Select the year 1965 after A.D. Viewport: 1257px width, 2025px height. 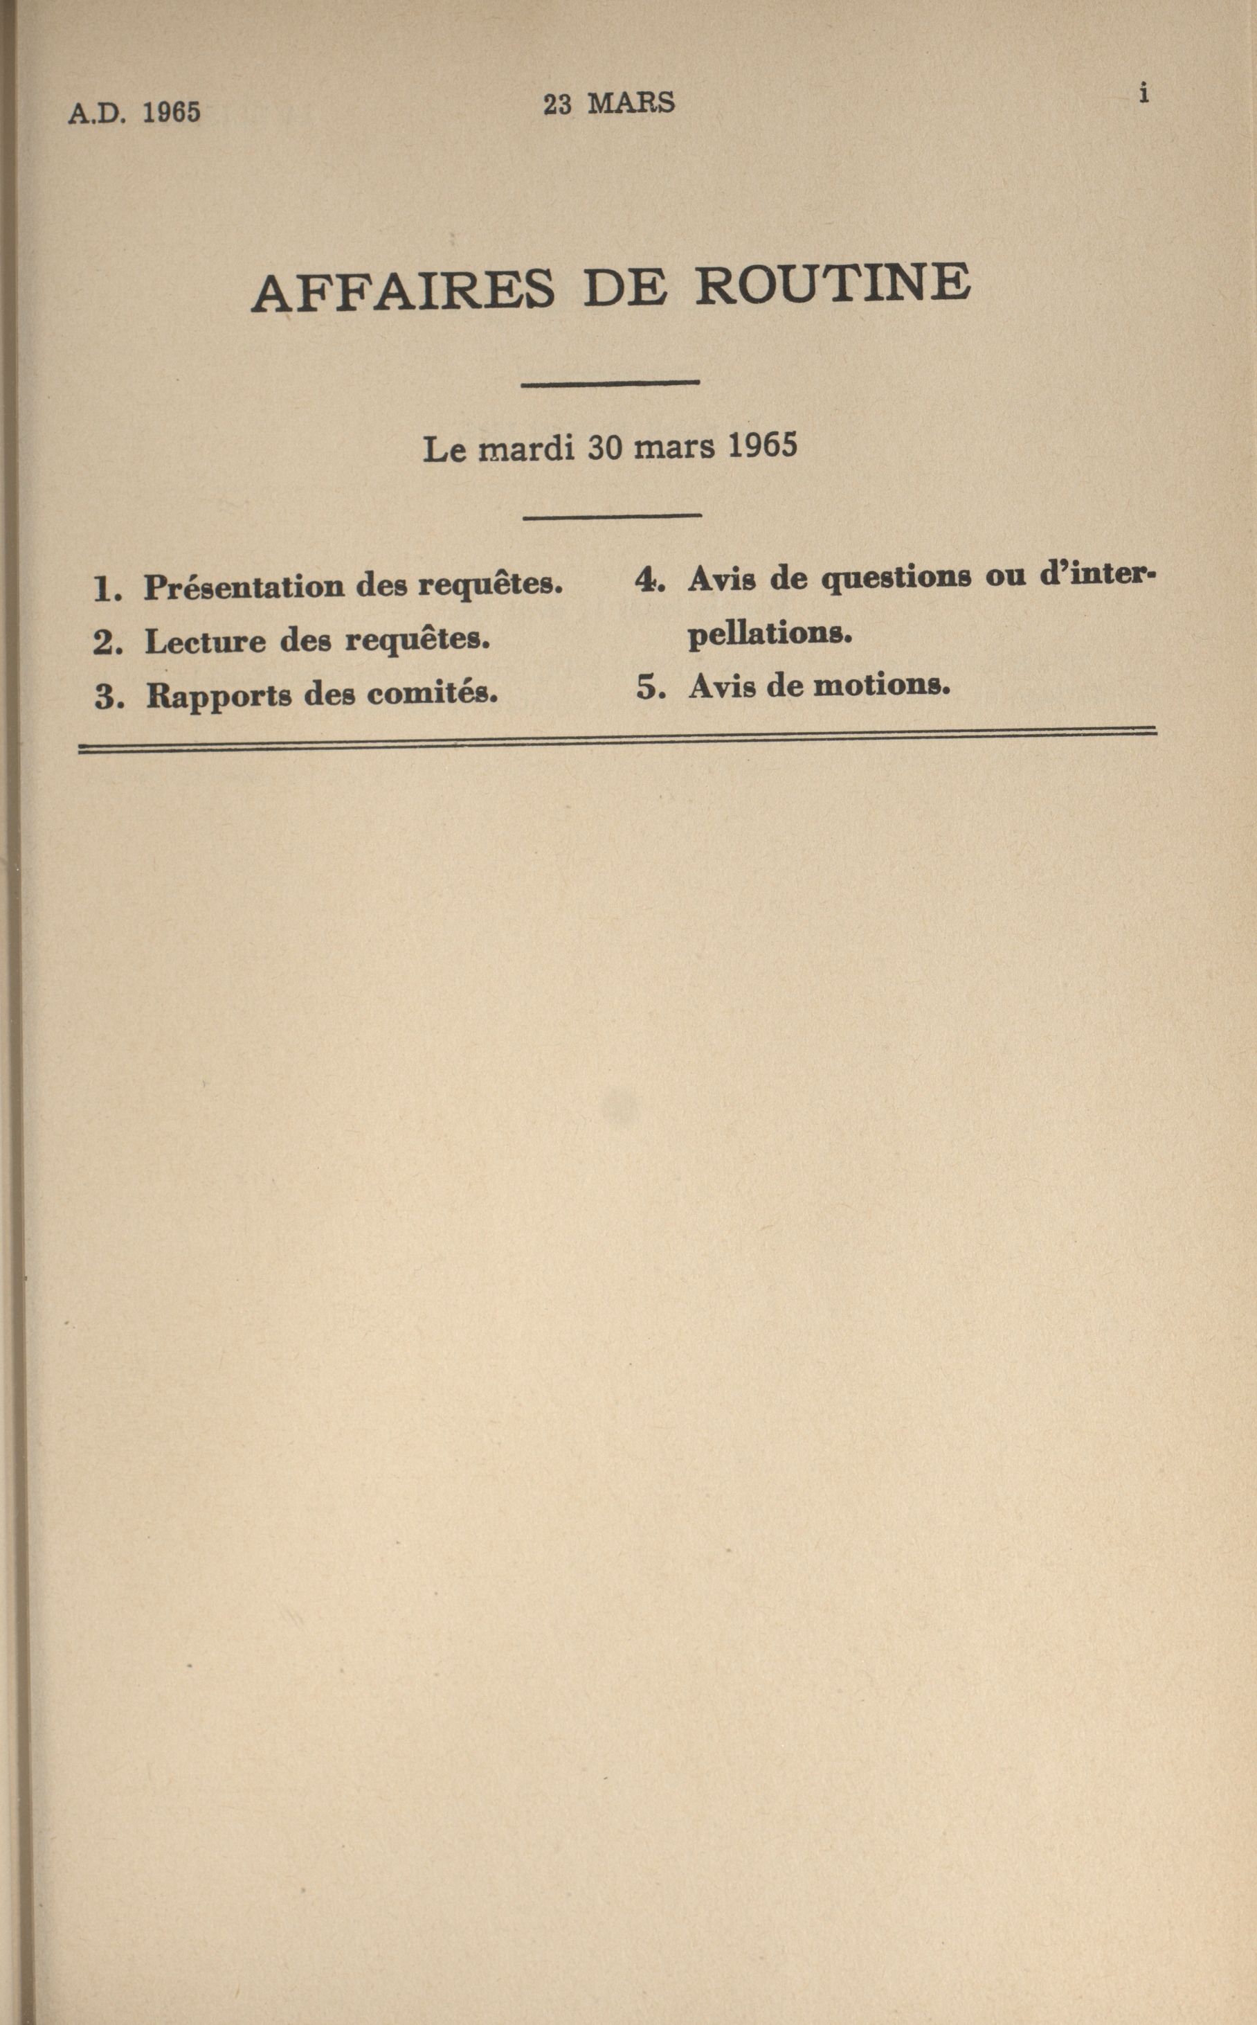[x=171, y=112]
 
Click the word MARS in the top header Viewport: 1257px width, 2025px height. [x=631, y=103]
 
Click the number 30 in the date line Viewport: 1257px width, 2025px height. [x=605, y=447]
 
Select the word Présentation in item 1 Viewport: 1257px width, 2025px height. [x=245, y=587]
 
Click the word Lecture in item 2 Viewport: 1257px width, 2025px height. [x=206, y=641]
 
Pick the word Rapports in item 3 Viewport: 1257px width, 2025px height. [x=219, y=696]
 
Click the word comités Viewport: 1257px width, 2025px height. [x=433, y=693]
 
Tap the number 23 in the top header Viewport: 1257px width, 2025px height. [x=558, y=105]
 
